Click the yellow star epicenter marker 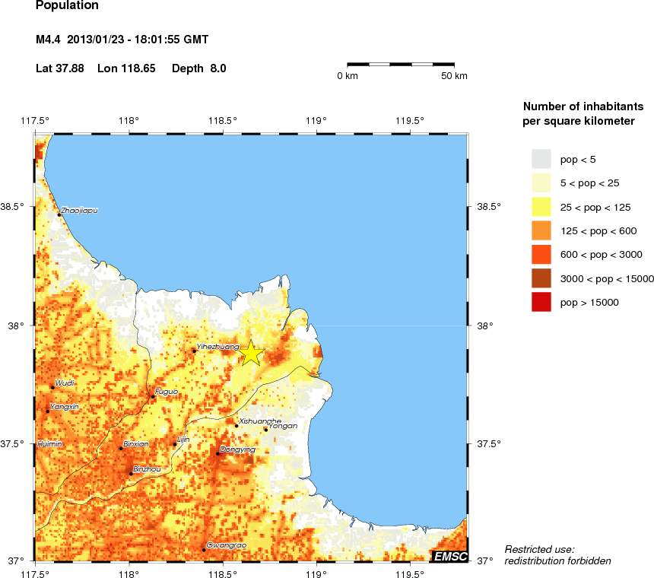[x=252, y=353]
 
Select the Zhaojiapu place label [x=79, y=210]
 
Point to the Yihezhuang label [x=212, y=346]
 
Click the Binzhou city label [x=147, y=469]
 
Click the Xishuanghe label [x=260, y=421]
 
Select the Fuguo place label [x=166, y=392]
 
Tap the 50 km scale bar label [x=454, y=76]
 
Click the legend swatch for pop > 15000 [x=541, y=302]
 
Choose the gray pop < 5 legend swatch [x=541, y=158]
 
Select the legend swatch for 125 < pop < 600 [x=541, y=230]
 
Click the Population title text [x=67, y=6]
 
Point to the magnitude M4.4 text [x=49, y=39]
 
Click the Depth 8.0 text [x=198, y=68]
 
